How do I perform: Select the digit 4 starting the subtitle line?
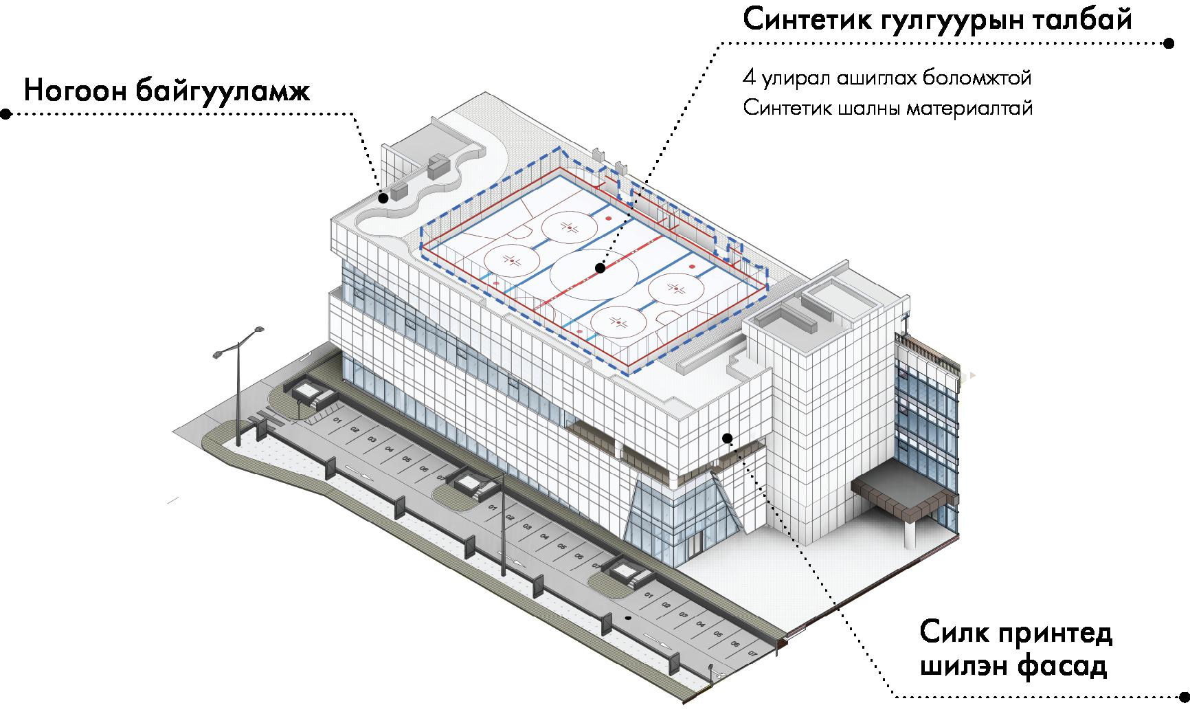748,78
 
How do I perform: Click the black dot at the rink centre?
600,269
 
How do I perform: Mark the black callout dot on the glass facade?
728,437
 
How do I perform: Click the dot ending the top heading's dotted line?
1169,43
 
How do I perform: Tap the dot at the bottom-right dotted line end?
1182,697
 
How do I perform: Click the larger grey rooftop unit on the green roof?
437,165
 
